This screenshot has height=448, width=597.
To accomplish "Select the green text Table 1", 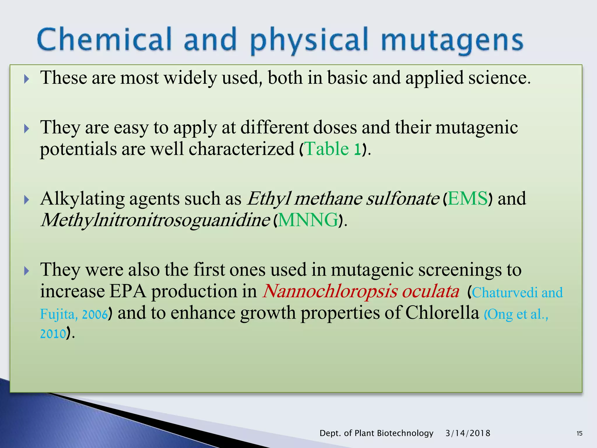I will [332, 149].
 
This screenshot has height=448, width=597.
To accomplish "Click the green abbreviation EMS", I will [468, 199].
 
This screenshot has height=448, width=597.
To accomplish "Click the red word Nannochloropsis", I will [330, 291].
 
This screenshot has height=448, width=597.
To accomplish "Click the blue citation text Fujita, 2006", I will [74, 314].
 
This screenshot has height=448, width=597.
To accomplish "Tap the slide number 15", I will [580, 433].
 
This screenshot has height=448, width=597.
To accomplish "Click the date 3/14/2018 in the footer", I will [468, 433].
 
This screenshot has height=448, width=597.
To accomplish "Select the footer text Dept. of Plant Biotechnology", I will [376, 433].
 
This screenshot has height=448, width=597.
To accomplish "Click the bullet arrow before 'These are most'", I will [27, 79].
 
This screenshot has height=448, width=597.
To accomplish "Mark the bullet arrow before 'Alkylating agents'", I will [27, 200].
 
